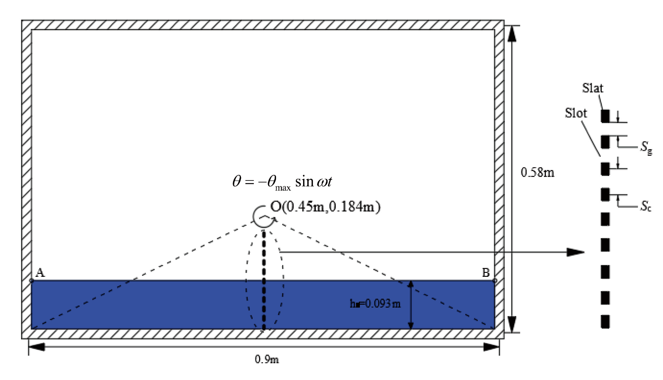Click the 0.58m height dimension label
537,173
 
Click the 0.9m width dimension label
266,359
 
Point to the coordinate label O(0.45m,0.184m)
325,207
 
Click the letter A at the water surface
40,273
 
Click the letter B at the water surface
486,273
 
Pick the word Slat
593,88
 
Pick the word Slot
576,113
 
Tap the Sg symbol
646,147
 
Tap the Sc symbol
646,206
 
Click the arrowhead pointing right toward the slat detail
575,252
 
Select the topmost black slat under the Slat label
605,116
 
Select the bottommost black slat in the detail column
605,322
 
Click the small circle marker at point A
32,281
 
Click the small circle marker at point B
494,281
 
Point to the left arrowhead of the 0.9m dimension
37,347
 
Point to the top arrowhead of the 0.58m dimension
511,34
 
